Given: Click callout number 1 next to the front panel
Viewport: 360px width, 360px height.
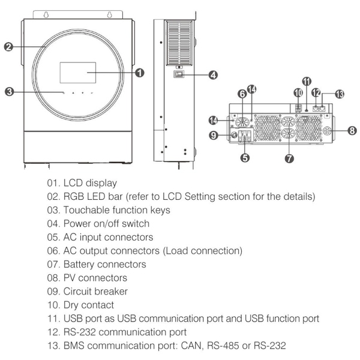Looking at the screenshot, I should pyautogui.click(x=139, y=73).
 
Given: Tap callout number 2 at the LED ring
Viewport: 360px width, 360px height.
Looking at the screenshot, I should pyautogui.click(x=8, y=47).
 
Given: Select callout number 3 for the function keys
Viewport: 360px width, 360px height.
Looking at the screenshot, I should pyautogui.click(x=8, y=92).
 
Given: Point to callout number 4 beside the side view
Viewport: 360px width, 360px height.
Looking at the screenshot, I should pyautogui.click(x=213, y=75).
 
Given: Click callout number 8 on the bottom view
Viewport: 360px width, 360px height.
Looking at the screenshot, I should pyautogui.click(x=352, y=130).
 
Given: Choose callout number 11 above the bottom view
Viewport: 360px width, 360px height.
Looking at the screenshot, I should pyautogui.click(x=307, y=80).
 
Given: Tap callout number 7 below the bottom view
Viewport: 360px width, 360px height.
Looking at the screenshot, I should pyautogui.click(x=289, y=158).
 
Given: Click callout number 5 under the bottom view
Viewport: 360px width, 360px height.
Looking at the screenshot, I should pyautogui.click(x=244, y=158).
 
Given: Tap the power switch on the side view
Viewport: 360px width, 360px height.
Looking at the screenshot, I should pyautogui.click(x=178, y=75).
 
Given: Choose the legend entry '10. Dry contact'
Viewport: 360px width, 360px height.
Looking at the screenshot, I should pyautogui.click(x=86, y=305).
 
